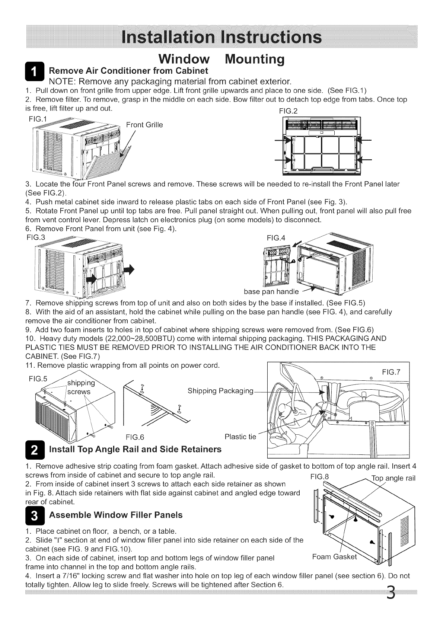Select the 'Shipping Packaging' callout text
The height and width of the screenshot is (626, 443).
(221, 391)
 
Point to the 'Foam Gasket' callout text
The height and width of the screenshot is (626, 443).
(334, 557)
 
